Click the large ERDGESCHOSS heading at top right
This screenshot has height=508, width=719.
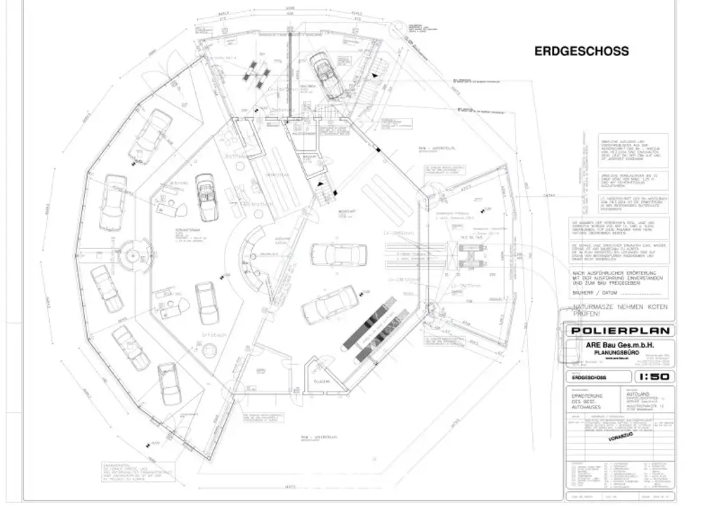click(581, 51)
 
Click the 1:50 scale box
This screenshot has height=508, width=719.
click(646, 376)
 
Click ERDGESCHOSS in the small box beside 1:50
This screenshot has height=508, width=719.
click(588, 376)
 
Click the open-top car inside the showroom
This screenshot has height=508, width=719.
click(206, 196)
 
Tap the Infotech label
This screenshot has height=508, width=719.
click(215, 336)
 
